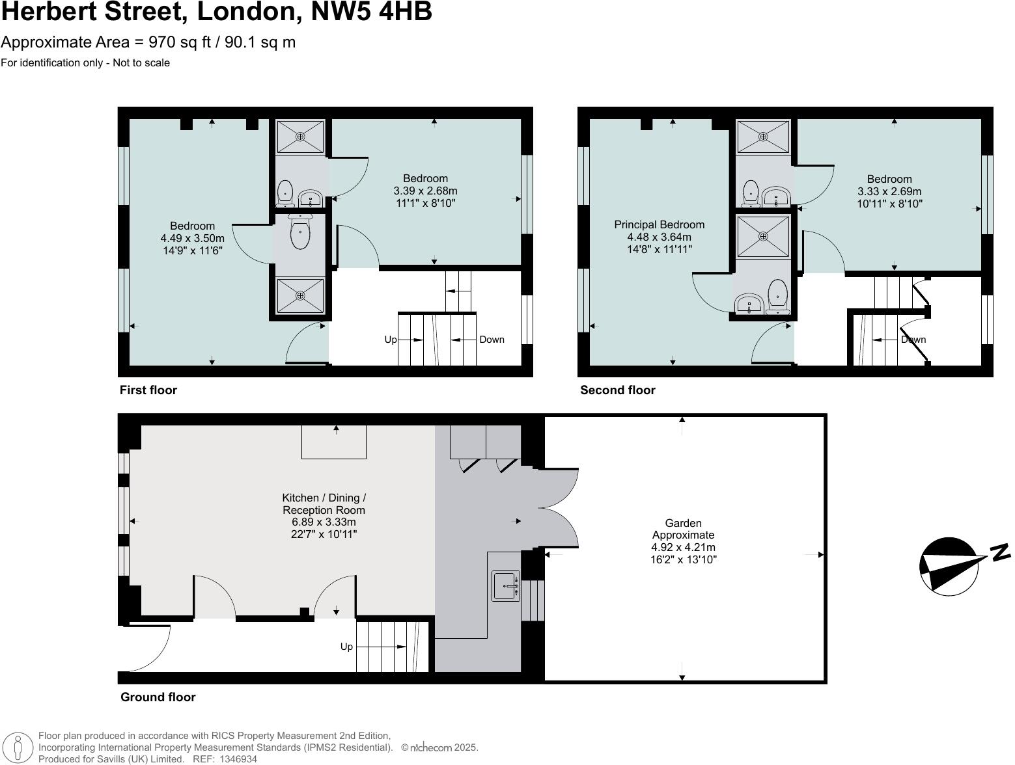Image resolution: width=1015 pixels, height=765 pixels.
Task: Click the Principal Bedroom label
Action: point(659,225)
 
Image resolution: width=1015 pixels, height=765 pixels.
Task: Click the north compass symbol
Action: point(949,565)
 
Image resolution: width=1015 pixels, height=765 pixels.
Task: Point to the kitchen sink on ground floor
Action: point(505,585)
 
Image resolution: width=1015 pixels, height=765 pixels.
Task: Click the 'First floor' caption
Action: point(148,390)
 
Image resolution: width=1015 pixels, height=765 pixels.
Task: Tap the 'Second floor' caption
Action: point(617,390)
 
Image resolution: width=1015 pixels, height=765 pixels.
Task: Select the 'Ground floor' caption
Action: point(158,697)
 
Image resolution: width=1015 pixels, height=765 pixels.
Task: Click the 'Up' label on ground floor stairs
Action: point(346,647)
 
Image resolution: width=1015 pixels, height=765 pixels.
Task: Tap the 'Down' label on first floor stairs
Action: point(492,340)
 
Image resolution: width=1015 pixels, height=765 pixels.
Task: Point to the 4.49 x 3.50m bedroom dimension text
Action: point(193,239)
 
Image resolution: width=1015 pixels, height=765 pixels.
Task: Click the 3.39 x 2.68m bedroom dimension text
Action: point(425,191)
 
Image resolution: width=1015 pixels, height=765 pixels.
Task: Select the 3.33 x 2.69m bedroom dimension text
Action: point(889,192)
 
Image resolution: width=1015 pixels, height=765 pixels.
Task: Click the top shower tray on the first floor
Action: point(300,137)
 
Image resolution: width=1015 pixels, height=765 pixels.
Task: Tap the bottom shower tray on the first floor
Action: point(300,296)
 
